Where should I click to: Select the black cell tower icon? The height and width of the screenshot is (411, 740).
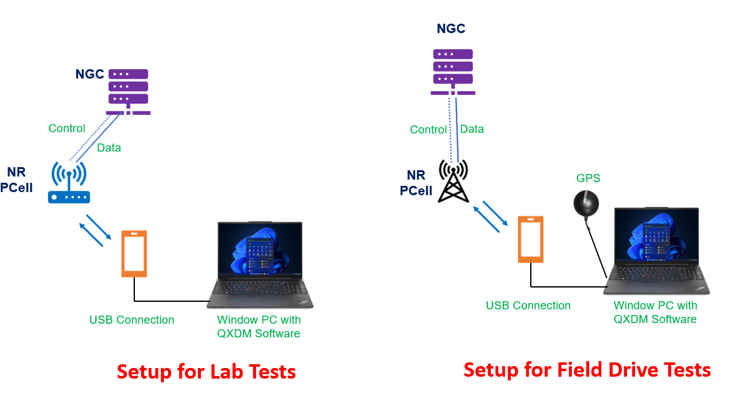[453, 181]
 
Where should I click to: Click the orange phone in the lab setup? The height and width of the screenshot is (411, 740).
[134, 253]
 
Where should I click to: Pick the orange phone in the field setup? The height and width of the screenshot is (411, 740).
[531, 239]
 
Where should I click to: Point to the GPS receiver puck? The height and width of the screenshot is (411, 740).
[586, 203]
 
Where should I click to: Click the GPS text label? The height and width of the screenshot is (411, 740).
[588, 178]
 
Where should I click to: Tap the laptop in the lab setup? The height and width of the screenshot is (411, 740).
[260, 264]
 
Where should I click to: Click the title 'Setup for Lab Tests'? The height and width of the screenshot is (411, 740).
[206, 372]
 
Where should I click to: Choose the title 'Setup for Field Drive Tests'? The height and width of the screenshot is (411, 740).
[587, 370]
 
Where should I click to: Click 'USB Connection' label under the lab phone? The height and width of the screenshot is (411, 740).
[132, 320]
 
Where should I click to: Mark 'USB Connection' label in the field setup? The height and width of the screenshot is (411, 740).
[528, 306]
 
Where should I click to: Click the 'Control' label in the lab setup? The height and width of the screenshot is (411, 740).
[67, 128]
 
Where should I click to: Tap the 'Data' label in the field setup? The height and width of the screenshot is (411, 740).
[471, 129]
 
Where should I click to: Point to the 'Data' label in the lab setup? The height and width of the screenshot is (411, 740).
[109, 148]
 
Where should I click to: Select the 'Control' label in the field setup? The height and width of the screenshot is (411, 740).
[428, 130]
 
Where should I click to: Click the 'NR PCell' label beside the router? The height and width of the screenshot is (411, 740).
[16, 180]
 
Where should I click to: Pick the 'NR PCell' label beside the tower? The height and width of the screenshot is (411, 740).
[416, 183]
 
